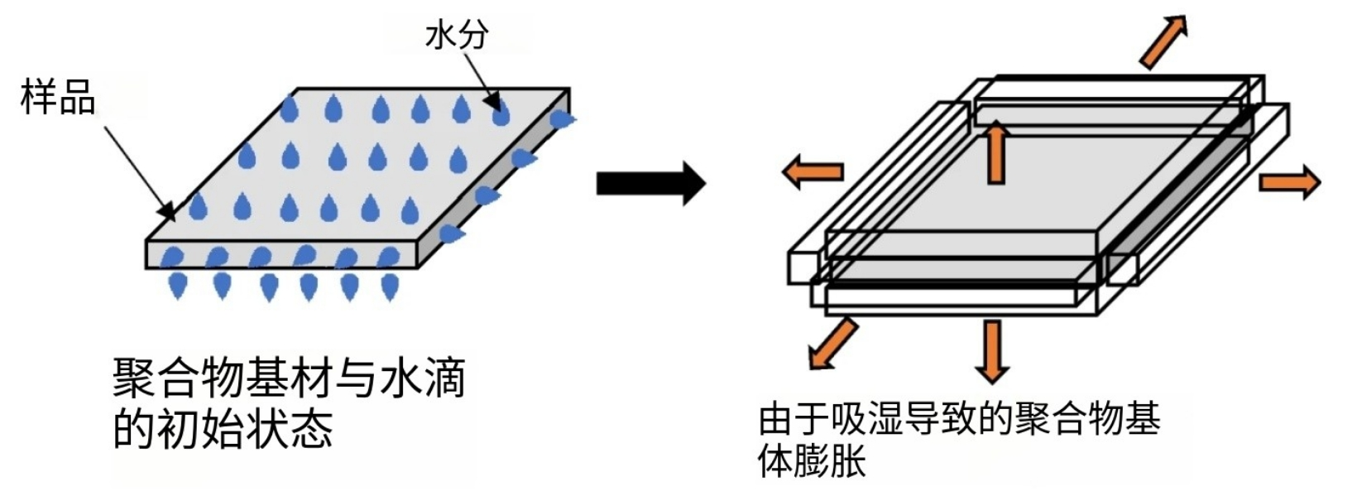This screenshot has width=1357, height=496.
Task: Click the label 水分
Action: (x=457, y=36)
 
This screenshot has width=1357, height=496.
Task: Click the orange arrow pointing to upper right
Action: (x=1163, y=41)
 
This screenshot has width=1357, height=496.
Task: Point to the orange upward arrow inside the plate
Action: (x=996, y=152)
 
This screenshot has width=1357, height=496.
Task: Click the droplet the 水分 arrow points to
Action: (x=501, y=113)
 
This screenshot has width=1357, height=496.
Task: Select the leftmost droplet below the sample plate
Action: (x=177, y=285)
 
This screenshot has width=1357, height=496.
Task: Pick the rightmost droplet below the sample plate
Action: (x=390, y=285)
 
